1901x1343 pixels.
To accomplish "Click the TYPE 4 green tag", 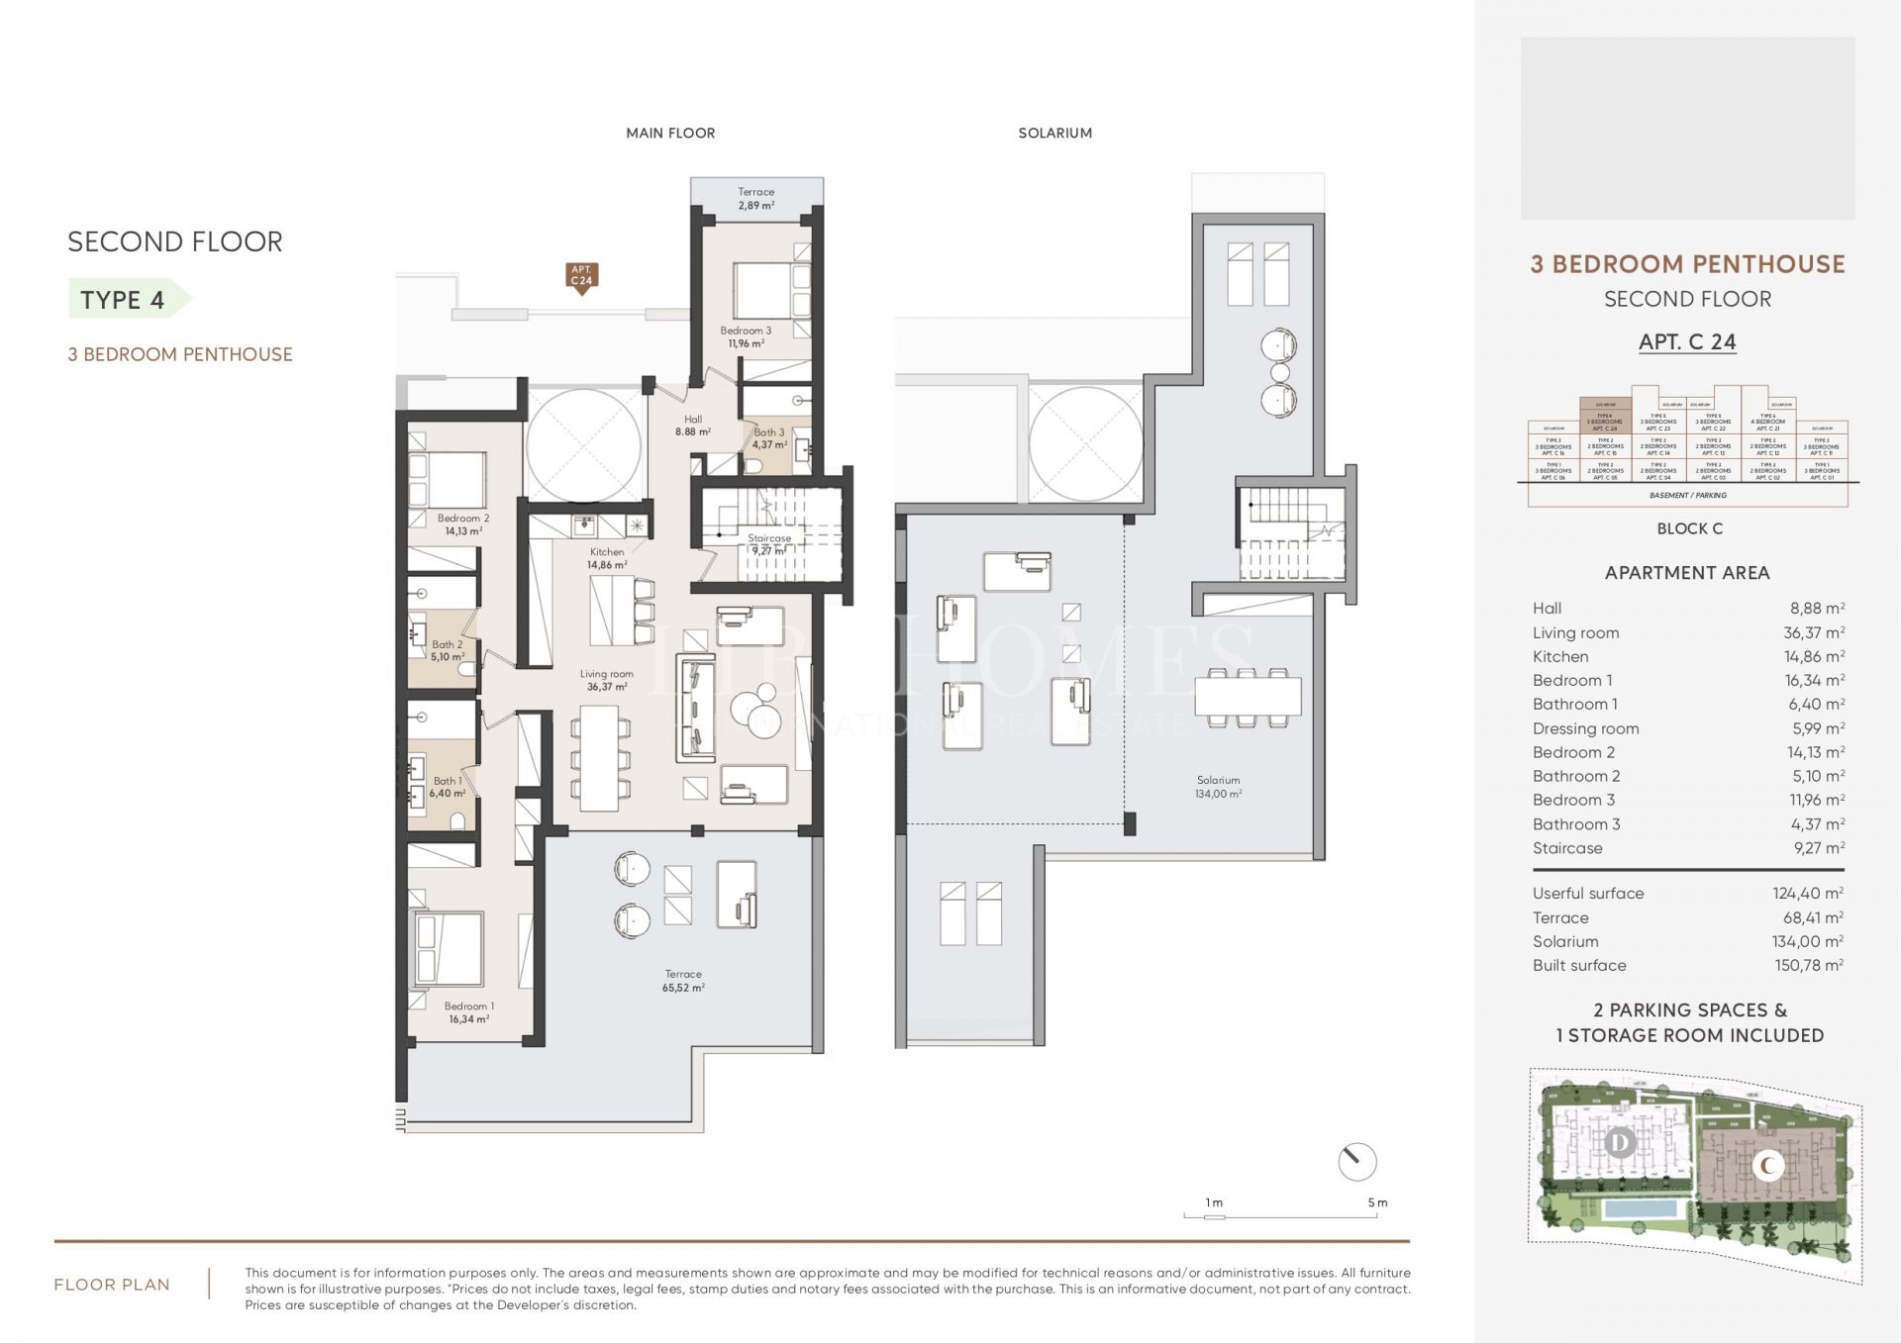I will [x=125, y=300].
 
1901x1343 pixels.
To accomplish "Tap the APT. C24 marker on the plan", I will [x=581, y=276].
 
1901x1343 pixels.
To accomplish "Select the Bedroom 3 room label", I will [x=746, y=336].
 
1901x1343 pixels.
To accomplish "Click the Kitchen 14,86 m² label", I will [x=607, y=558].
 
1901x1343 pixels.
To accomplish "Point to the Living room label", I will [x=606, y=680].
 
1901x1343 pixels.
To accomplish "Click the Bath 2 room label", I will [x=447, y=650].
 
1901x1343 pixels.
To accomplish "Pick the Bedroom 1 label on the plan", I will [x=468, y=1011].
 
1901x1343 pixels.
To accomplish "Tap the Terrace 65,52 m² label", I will [x=683, y=980].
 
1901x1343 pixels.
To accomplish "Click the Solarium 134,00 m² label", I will [x=1218, y=787].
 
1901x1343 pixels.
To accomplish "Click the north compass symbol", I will [x=1356, y=1161].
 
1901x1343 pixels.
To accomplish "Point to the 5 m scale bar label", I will [x=1377, y=1202].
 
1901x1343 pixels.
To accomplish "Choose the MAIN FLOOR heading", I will [x=670, y=133].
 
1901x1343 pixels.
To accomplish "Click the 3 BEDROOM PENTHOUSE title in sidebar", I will [x=1687, y=264].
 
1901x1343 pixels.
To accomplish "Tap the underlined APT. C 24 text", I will [x=1687, y=341].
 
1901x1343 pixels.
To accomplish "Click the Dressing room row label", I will [x=1585, y=728].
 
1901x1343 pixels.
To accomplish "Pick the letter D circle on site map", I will [x=1620, y=1143].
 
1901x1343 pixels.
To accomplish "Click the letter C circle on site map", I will [x=1767, y=1166].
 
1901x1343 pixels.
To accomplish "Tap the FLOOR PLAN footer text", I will [x=112, y=1285].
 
